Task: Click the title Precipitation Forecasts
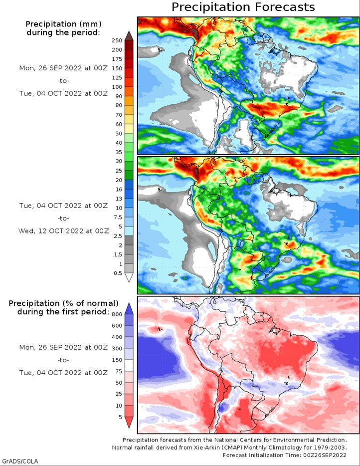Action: pos(243,7)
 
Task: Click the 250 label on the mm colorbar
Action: pos(117,40)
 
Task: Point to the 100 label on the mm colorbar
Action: pos(117,87)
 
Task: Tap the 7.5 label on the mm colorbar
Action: pos(118,217)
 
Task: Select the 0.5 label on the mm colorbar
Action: pos(118,273)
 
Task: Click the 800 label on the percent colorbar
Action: pos(117,314)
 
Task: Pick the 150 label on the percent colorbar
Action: pos(117,360)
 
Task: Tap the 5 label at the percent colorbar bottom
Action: pos(120,417)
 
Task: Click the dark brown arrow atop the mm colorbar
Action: pos(129,35)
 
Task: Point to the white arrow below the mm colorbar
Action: pos(129,277)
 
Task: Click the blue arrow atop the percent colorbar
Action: pos(129,308)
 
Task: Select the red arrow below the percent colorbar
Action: pos(129,422)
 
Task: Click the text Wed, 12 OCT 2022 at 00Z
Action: pos(63,231)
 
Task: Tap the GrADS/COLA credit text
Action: pos(20,461)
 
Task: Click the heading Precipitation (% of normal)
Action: pos(63,303)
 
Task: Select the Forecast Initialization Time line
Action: pos(285,455)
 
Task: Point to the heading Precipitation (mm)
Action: pos(63,24)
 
